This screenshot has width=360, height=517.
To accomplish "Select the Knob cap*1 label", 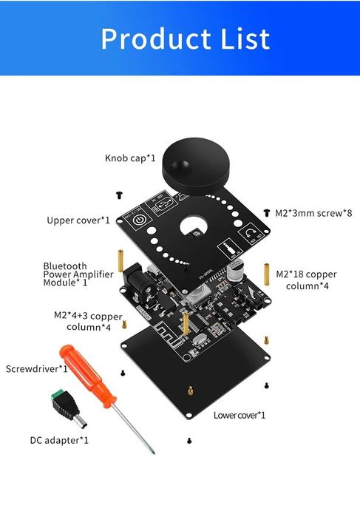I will click(130, 158).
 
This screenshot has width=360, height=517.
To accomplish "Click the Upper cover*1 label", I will click(78, 220).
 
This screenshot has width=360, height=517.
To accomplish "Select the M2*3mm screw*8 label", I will click(313, 212).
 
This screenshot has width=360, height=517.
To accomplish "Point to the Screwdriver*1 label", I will click(37, 368).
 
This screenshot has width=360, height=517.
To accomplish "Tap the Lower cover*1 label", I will click(240, 415).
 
